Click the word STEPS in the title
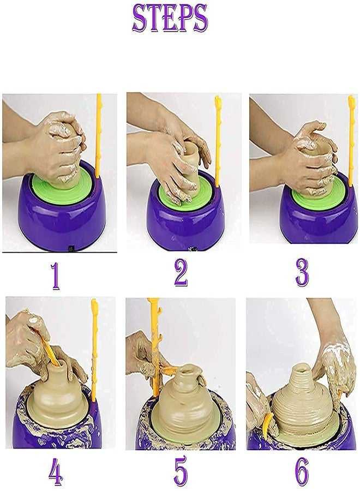[170, 19]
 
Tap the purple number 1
[55, 276]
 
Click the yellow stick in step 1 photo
[99, 136]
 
